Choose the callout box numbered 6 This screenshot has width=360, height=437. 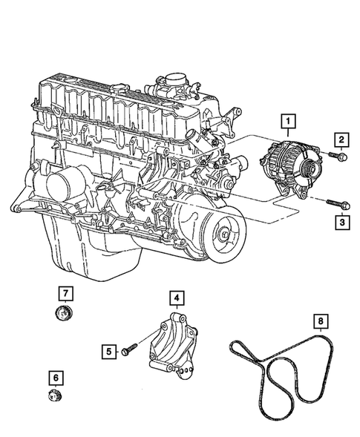[x=56, y=378]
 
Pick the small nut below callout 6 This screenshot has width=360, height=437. [x=54, y=396]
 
